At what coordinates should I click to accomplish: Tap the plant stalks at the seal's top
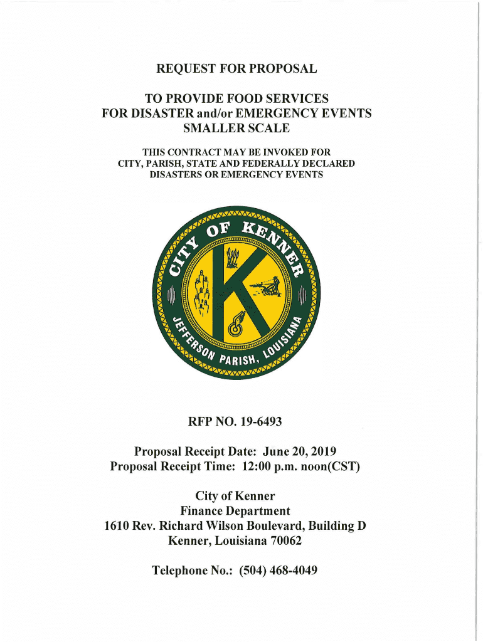233,256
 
